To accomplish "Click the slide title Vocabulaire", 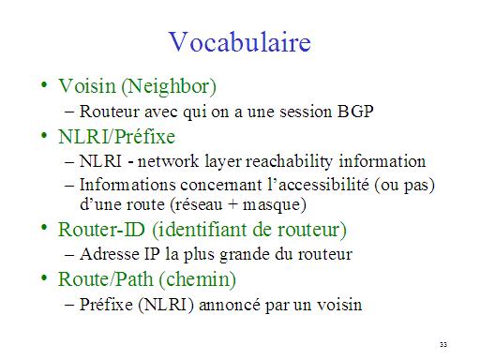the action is click(240, 42).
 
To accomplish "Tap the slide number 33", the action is click(443, 344).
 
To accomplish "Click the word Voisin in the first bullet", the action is click(87, 86).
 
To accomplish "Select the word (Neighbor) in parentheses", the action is click(169, 87).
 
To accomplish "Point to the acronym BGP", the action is click(355, 111).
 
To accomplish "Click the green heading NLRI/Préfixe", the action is click(116, 137).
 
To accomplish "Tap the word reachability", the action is click(289, 162).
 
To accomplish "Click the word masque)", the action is click(275, 205).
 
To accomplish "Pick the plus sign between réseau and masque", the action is click(232, 204).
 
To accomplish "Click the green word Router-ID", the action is click(101, 230).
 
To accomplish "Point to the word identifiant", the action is click(201, 230).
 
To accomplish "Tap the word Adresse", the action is click(110, 254).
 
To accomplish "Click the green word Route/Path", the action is click(106, 278).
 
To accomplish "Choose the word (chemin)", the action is click(198, 279).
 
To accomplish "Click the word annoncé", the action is click(230, 305).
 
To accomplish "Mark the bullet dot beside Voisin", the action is click(44, 84).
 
